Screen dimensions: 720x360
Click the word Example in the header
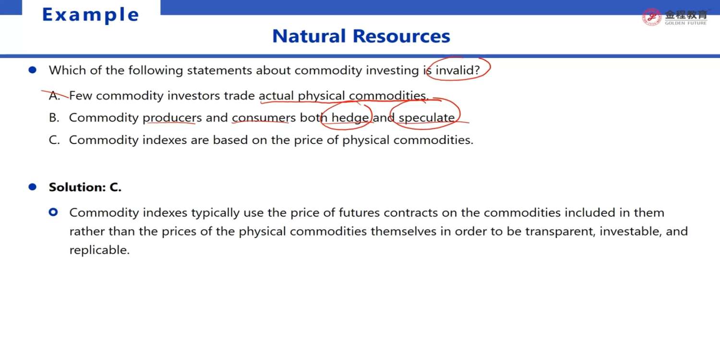(x=91, y=15)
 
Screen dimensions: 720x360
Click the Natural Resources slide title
(x=361, y=36)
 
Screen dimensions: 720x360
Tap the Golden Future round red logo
(x=651, y=17)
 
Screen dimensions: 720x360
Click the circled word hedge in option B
(x=350, y=118)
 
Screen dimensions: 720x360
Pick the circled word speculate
(x=427, y=118)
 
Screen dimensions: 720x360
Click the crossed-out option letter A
(x=54, y=96)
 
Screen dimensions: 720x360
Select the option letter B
(x=54, y=118)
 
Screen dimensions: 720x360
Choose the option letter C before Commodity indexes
(x=54, y=140)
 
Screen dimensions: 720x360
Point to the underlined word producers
(x=172, y=118)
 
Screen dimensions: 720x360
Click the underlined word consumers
(x=264, y=118)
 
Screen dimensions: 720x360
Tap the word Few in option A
(x=80, y=96)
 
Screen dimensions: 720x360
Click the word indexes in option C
(x=165, y=140)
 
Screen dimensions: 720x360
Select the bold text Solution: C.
(x=85, y=187)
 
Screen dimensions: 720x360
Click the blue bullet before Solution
(x=32, y=187)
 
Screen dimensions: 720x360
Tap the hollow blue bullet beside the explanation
(x=53, y=212)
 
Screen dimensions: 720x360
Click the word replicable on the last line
(x=99, y=250)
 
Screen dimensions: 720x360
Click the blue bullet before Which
(x=32, y=70)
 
